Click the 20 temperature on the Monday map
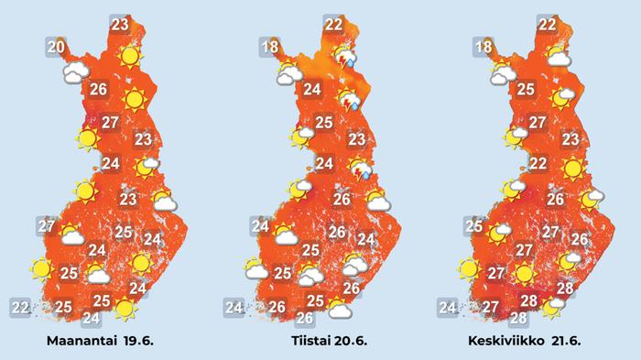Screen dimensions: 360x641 click(x=56, y=47)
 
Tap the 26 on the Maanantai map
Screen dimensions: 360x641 click(x=101, y=89)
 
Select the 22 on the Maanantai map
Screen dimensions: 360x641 click(x=19, y=306)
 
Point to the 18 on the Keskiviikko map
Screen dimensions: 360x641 click(x=484, y=48)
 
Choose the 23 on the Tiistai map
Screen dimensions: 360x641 click(x=356, y=140)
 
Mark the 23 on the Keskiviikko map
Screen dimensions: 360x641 click(x=570, y=139)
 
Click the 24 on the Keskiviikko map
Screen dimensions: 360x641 click(x=447, y=307)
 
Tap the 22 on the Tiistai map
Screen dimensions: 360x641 click(x=333, y=25)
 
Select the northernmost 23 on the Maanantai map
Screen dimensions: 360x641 click(x=119, y=25)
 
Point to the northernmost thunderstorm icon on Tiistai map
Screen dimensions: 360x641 click(x=346, y=57)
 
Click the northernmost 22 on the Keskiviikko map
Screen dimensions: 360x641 click(x=547, y=25)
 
